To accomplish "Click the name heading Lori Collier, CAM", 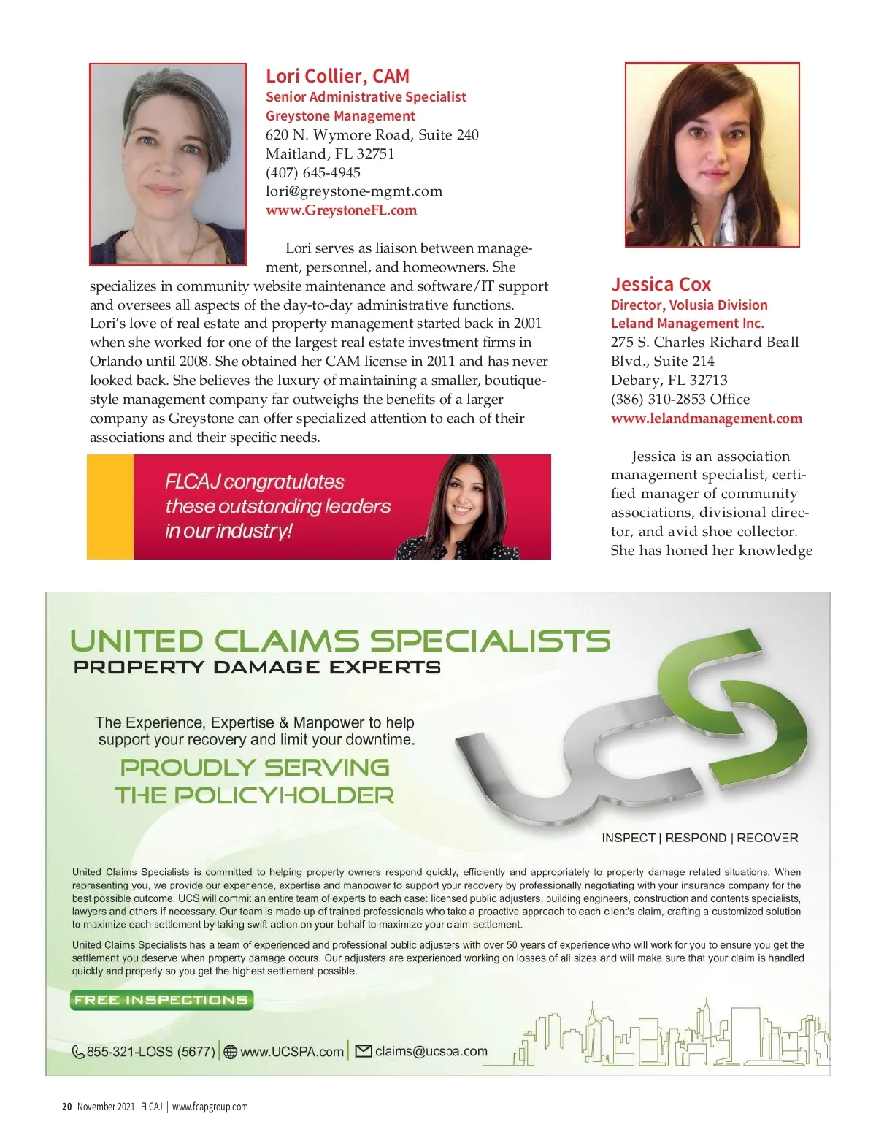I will (x=337, y=76).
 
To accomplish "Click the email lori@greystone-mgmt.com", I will (x=354, y=191).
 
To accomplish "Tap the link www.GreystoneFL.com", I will (x=341, y=210).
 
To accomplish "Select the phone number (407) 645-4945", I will (x=313, y=172).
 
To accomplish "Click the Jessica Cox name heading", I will (x=661, y=284).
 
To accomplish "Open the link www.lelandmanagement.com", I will (x=706, y=419).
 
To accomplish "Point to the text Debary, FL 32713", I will (x=669, y=380).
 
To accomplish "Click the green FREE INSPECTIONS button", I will (x=161, y=1000).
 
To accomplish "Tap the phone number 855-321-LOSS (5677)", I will (x=150, y=1052).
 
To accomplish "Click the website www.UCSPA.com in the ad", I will (x=291, y=1052).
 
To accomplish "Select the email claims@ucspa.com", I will (x=431, y=1051).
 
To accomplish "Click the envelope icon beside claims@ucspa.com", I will (x=363, y=1051).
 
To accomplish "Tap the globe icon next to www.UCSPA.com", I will (x=231, y=1052).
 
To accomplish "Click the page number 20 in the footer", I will (x=66, y=1107).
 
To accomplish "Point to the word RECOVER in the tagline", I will (x=767, y=838).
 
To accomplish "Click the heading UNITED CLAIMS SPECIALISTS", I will (x=339, y=641).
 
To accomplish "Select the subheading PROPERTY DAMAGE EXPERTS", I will (x=257, y=667).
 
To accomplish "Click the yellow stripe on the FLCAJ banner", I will (x=110, y=507).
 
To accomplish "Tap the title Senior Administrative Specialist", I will (x=366, y=96).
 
